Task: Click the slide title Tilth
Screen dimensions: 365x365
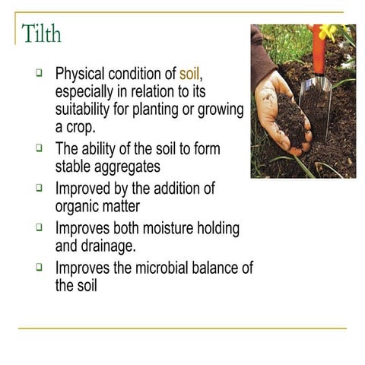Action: (41, 34)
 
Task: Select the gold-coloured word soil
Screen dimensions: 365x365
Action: (189, 75)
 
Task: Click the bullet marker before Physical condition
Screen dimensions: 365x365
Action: (39, 75)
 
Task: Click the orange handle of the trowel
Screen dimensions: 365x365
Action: (319, 49)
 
